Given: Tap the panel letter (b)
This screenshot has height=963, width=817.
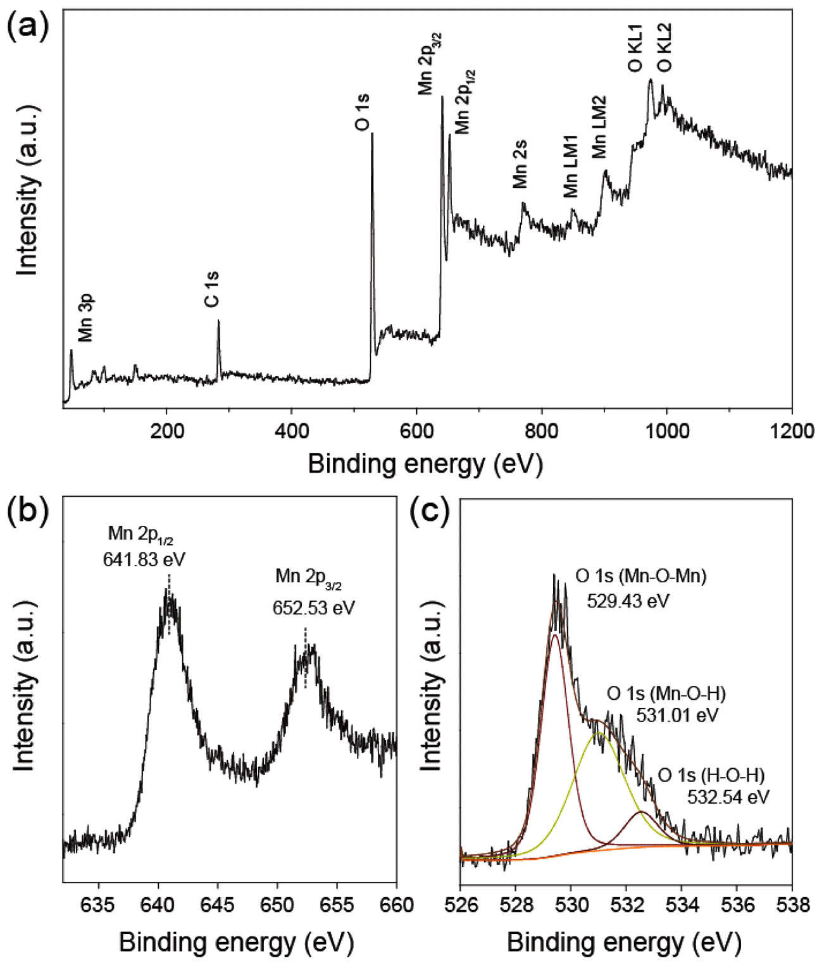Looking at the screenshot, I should (27, 511).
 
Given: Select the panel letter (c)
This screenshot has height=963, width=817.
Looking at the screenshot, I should (430, 511).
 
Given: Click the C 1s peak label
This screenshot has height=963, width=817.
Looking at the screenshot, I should (212, 289).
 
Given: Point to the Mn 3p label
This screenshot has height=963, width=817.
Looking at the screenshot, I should (86, 318).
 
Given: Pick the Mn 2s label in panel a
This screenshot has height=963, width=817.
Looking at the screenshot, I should (520, 165).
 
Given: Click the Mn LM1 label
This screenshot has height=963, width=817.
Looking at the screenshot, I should (571, 166).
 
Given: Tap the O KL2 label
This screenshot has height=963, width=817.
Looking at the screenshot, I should (664, 47).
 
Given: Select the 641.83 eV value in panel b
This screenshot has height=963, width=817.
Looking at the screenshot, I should (144, 559).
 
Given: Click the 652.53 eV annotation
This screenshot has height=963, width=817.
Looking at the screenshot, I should (314, 608).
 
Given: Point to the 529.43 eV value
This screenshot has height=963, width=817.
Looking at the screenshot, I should (628, 600).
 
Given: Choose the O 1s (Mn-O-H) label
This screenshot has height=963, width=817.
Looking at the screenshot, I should (666, 693).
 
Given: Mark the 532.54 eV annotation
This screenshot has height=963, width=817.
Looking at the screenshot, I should (728, 797).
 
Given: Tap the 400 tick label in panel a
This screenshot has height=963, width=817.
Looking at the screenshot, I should (291, 432).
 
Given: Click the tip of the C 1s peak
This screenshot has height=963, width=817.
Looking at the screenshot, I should (218, 321).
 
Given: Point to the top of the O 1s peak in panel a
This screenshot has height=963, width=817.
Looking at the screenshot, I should (372, 134).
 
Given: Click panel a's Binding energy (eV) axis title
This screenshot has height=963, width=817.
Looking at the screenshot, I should (425, 464).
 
